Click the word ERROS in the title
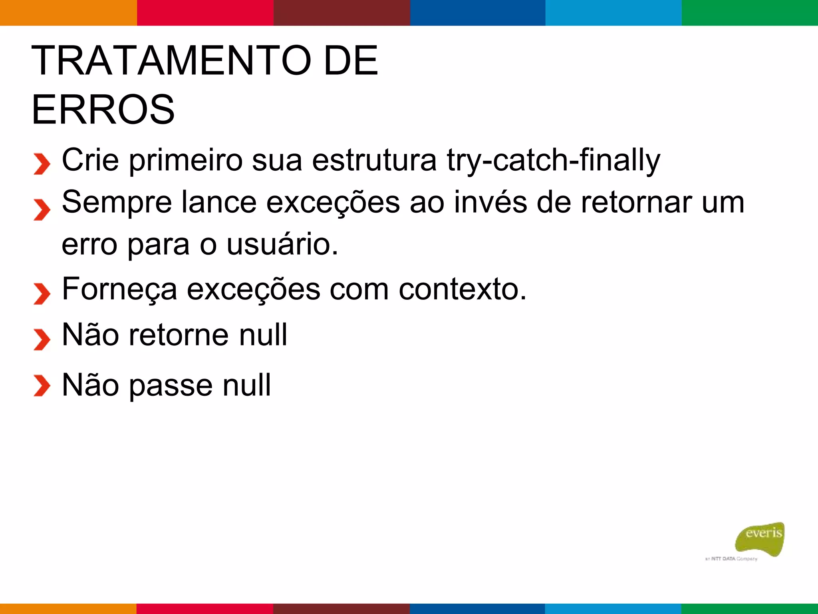click(103, 110)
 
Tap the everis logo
click(760, 538)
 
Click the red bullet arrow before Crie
click(42, 164)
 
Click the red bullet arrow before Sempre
click(42, 209)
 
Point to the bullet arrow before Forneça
click(42, 294)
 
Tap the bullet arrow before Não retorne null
click(42, 339)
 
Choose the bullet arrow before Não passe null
click(42, 385)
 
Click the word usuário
click(282, 244)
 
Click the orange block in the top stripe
click(68, 13)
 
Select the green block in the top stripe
click(750, 13)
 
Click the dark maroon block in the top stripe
click(341, 13)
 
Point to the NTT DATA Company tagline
click(731, 559)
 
